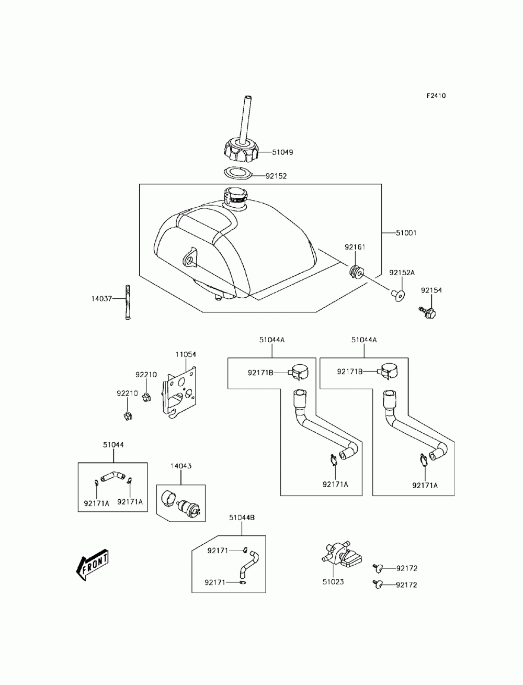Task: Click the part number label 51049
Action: pos(282,152)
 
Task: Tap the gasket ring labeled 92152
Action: pos(237,174)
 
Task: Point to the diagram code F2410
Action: pos(436,96)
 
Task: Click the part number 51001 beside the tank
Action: pos(406,233)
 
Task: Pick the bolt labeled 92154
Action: pos(428,312)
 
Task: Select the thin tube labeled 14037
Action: pos(127,302)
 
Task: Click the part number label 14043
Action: pos(181,466)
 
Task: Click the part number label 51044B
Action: pos(242,518)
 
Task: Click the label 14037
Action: pos(101,299)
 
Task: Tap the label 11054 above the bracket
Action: pos(186,354)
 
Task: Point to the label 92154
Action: pos(431,290)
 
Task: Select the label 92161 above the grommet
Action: pos(355,247)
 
